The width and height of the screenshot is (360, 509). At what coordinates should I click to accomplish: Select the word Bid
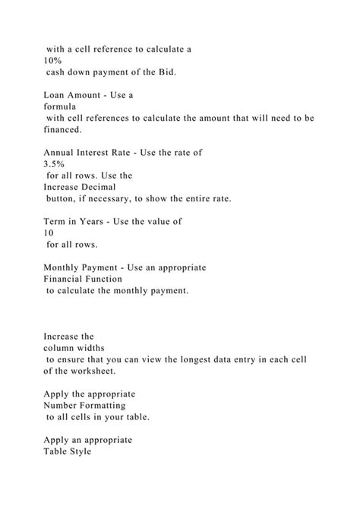(169, 72)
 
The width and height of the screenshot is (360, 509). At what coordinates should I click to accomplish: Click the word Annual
(61, 151)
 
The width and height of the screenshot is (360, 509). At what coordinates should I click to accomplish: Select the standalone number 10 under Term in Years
(50, 232)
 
